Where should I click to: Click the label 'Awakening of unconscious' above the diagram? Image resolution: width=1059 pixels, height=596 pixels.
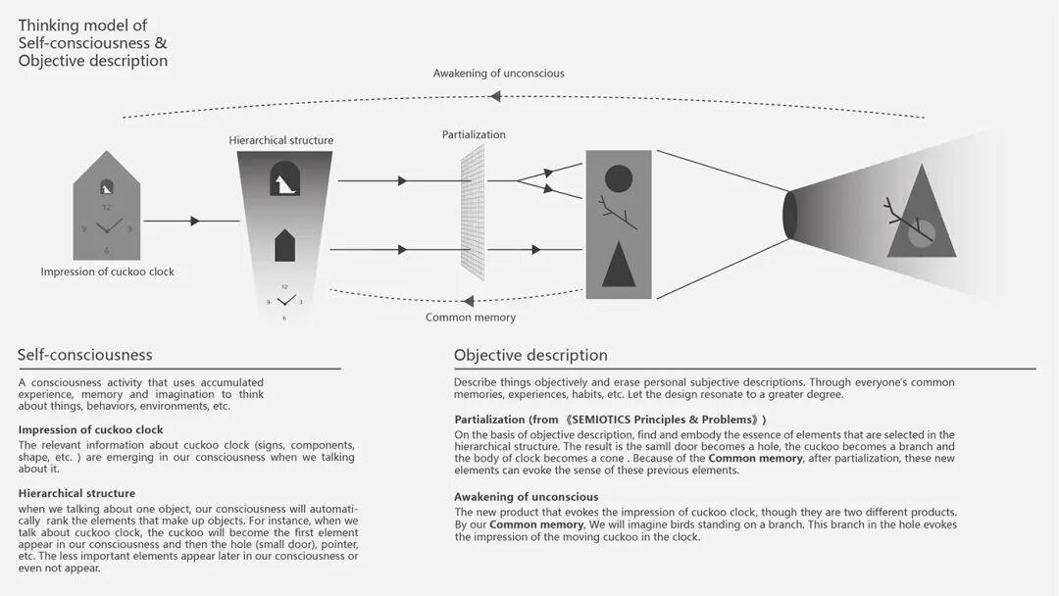point(498,74)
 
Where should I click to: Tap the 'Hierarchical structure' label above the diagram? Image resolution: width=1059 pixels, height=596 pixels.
point(281,140)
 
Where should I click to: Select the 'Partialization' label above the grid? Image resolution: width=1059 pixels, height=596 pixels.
point(474,134)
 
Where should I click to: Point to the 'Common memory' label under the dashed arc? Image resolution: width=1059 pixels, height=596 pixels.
point(471,318)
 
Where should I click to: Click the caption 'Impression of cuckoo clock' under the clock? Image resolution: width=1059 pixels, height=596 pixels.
point(108,272)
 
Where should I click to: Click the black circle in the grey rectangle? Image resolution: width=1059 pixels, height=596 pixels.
point(619,178)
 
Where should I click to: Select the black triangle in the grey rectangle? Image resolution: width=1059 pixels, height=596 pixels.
point(619,264)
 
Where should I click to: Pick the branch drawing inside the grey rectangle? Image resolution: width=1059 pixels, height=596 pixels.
point(618,213)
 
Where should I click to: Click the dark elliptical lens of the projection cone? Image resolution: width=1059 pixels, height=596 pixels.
point(789,215)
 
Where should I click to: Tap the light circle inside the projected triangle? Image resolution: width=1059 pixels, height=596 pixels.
point(921,232)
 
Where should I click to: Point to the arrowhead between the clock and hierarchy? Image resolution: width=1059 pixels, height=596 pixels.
point(194,222)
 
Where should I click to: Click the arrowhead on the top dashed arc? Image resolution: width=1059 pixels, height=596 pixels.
point(495,96)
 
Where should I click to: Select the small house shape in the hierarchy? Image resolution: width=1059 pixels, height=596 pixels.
point(284,245)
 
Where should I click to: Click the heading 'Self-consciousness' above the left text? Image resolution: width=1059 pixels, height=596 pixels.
point(85,355)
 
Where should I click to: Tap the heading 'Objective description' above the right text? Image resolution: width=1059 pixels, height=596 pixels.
point(530,355)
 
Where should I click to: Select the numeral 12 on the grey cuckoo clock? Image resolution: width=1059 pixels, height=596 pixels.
point(107,208)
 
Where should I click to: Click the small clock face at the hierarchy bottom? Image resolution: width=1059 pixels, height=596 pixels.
point(284,302)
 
